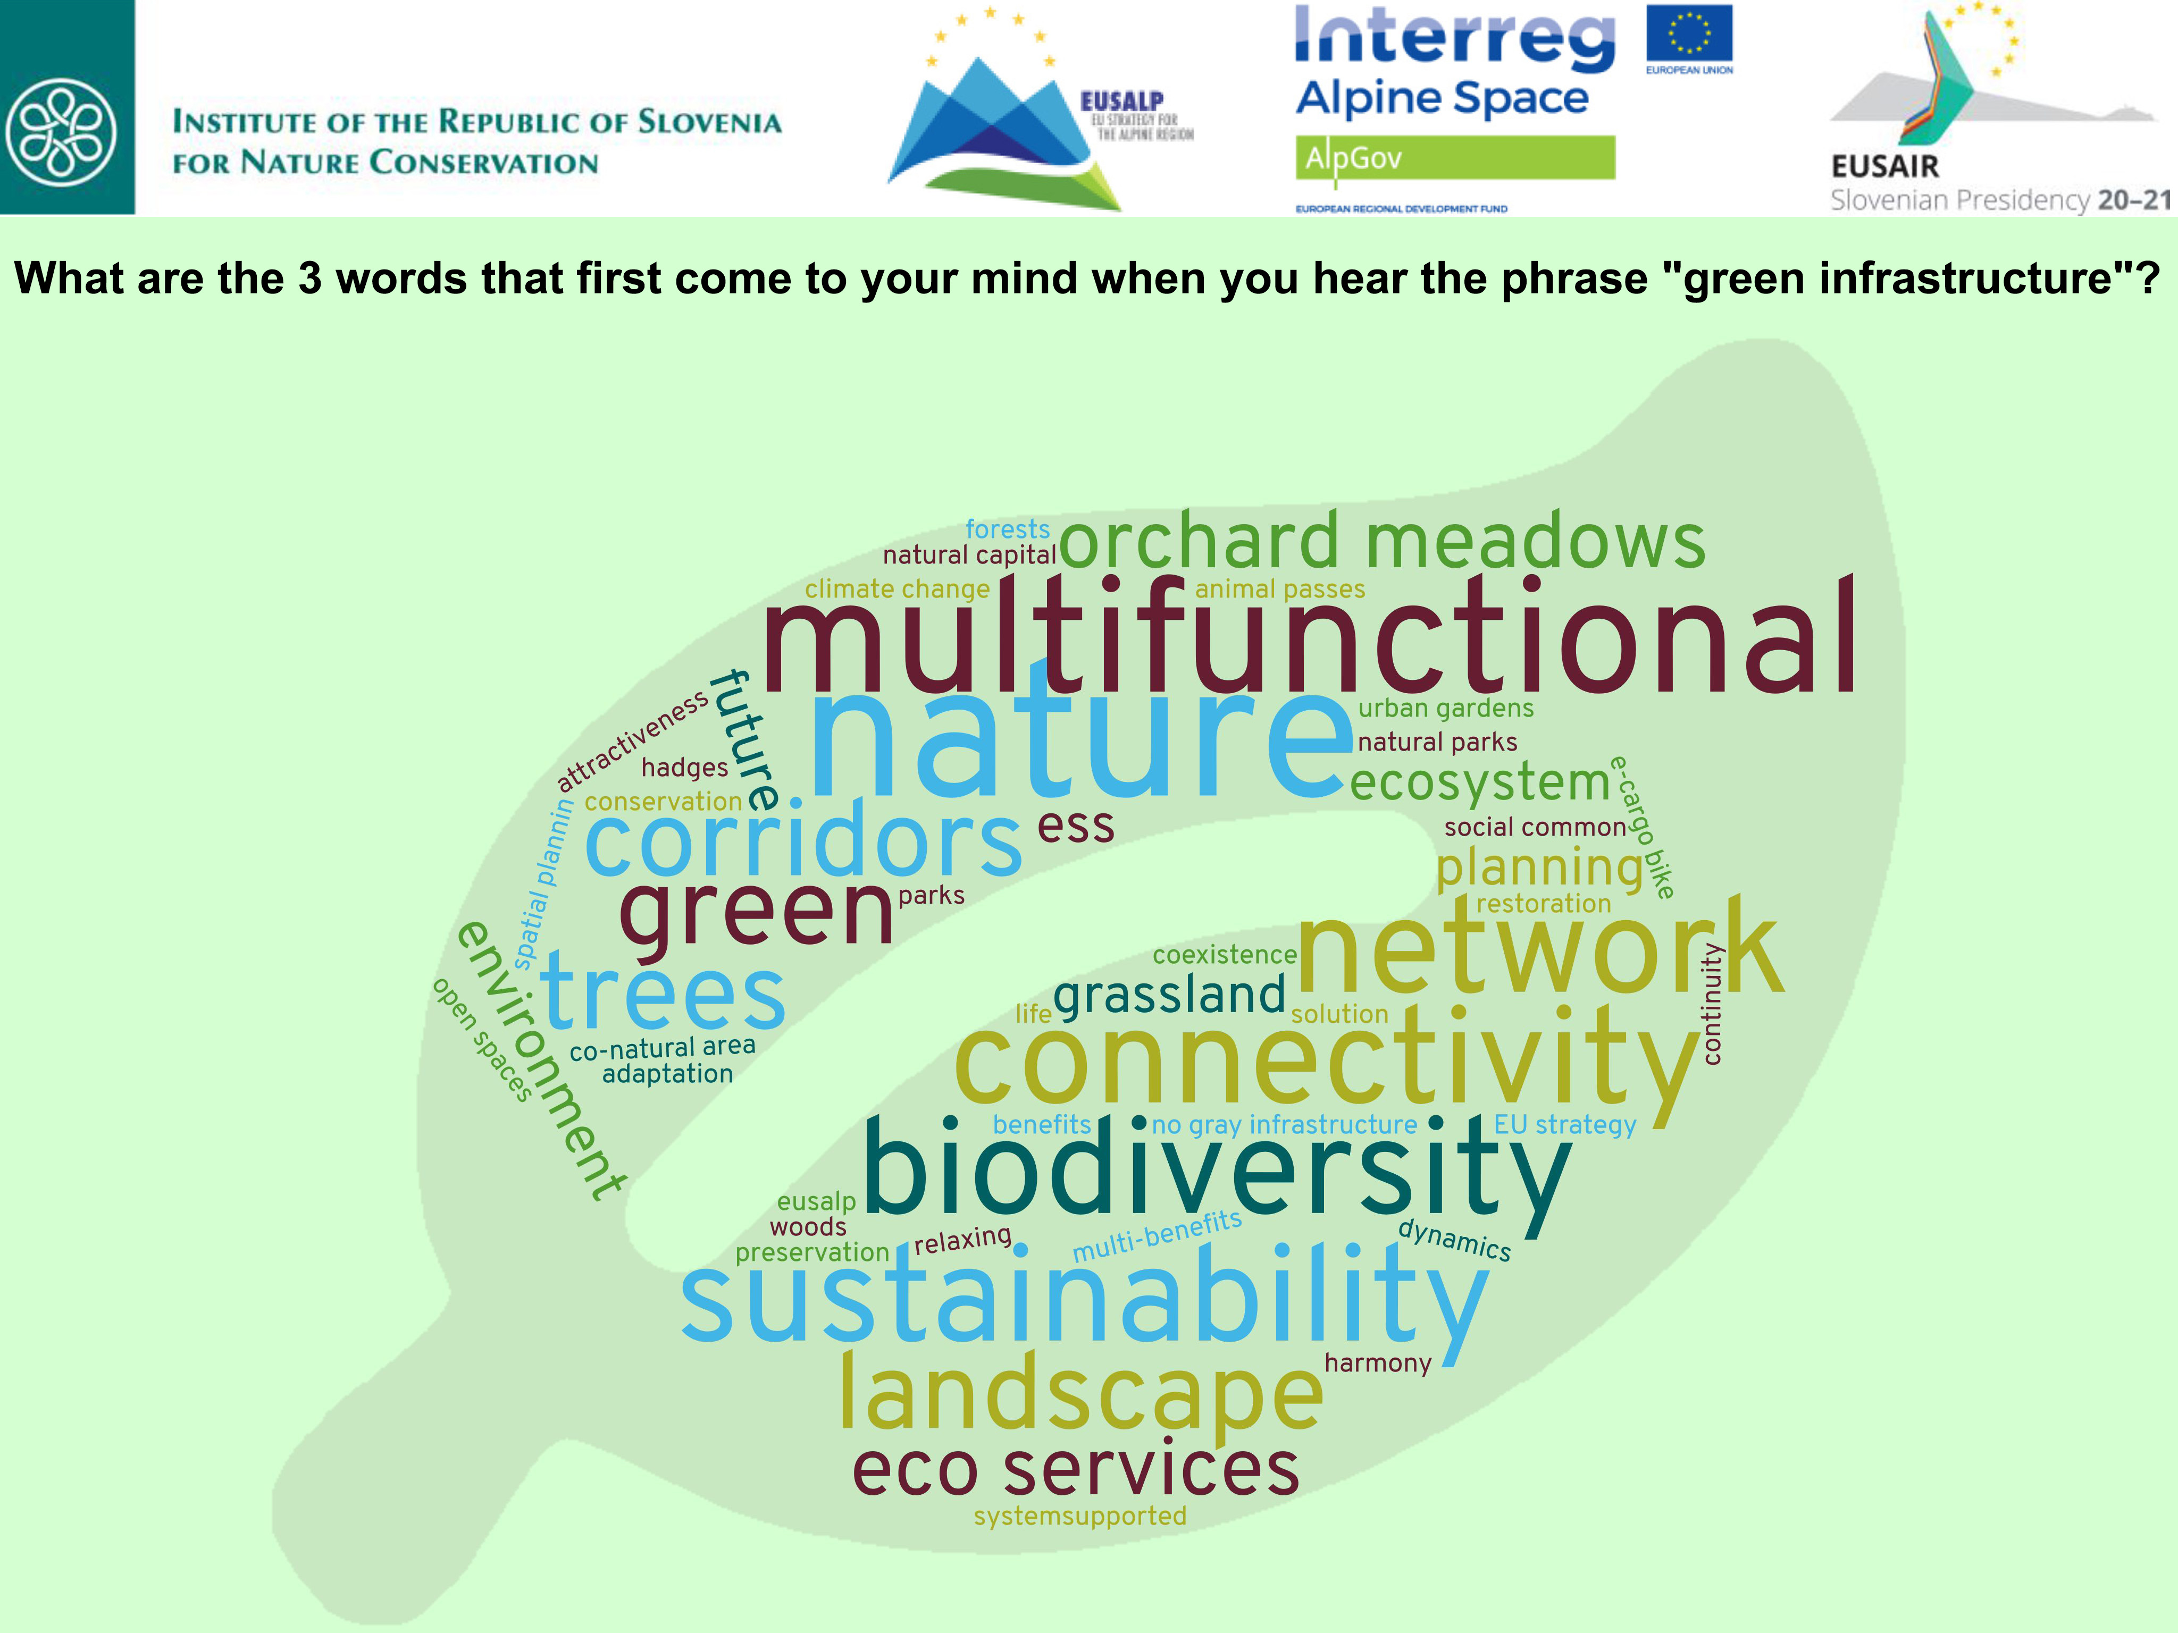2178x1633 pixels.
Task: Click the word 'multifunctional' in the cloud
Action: point(1310,640)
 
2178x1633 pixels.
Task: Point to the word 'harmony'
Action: point(1378,1363)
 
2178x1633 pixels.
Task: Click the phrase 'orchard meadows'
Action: point(1381,541)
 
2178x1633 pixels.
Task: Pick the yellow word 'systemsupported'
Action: point(1080,1516)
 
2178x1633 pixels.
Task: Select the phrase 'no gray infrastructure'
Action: point(1284,1125)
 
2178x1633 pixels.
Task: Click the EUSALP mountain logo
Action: point(1004,128)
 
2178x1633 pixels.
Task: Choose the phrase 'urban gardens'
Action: point(1445,709)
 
